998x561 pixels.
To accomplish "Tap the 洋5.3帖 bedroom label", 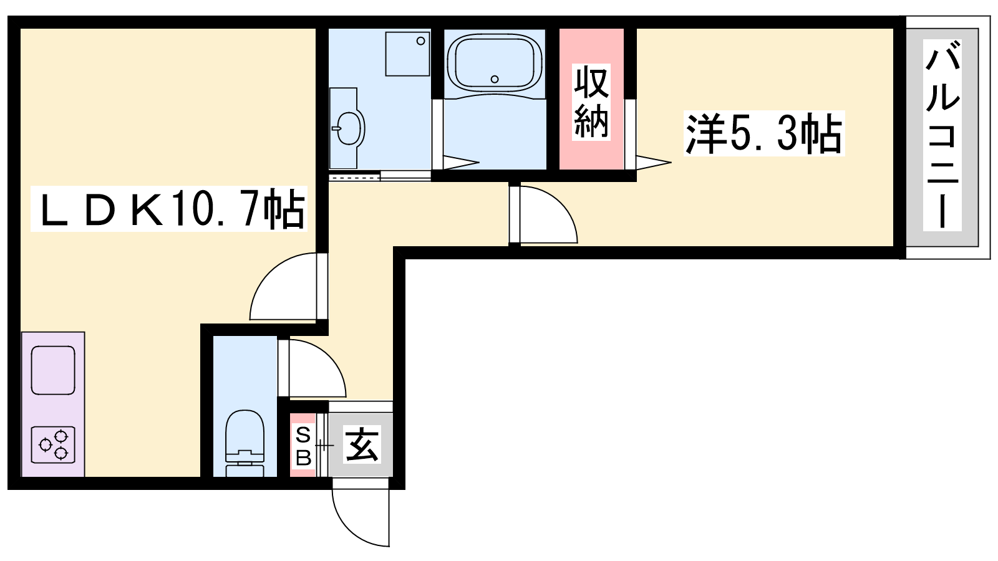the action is [x=763, y=133].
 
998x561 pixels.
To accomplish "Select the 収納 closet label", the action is [x=591, y=102].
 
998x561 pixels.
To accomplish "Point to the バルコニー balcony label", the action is [x=942, y=135].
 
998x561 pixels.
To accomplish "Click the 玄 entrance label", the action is [x=362, y=444].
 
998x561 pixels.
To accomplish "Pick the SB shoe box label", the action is [x=303, y=445].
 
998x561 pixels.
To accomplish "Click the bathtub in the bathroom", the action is [x=495, y=65].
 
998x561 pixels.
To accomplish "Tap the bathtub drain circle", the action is [x=495, y=79].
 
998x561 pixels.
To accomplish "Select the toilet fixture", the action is [x=245, y=443].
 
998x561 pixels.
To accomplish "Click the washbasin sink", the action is [x=351, y=128].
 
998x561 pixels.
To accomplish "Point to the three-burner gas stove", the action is [x=53, y=444].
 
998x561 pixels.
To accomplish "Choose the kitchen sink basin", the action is [x=53, y=370].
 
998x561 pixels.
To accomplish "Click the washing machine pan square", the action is [x=407, y=54].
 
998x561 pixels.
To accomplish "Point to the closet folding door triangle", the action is [x=653, y=162].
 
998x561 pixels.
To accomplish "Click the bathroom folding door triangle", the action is [x=461, y=162].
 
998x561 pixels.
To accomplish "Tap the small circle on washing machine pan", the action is [x=420, y=41].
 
